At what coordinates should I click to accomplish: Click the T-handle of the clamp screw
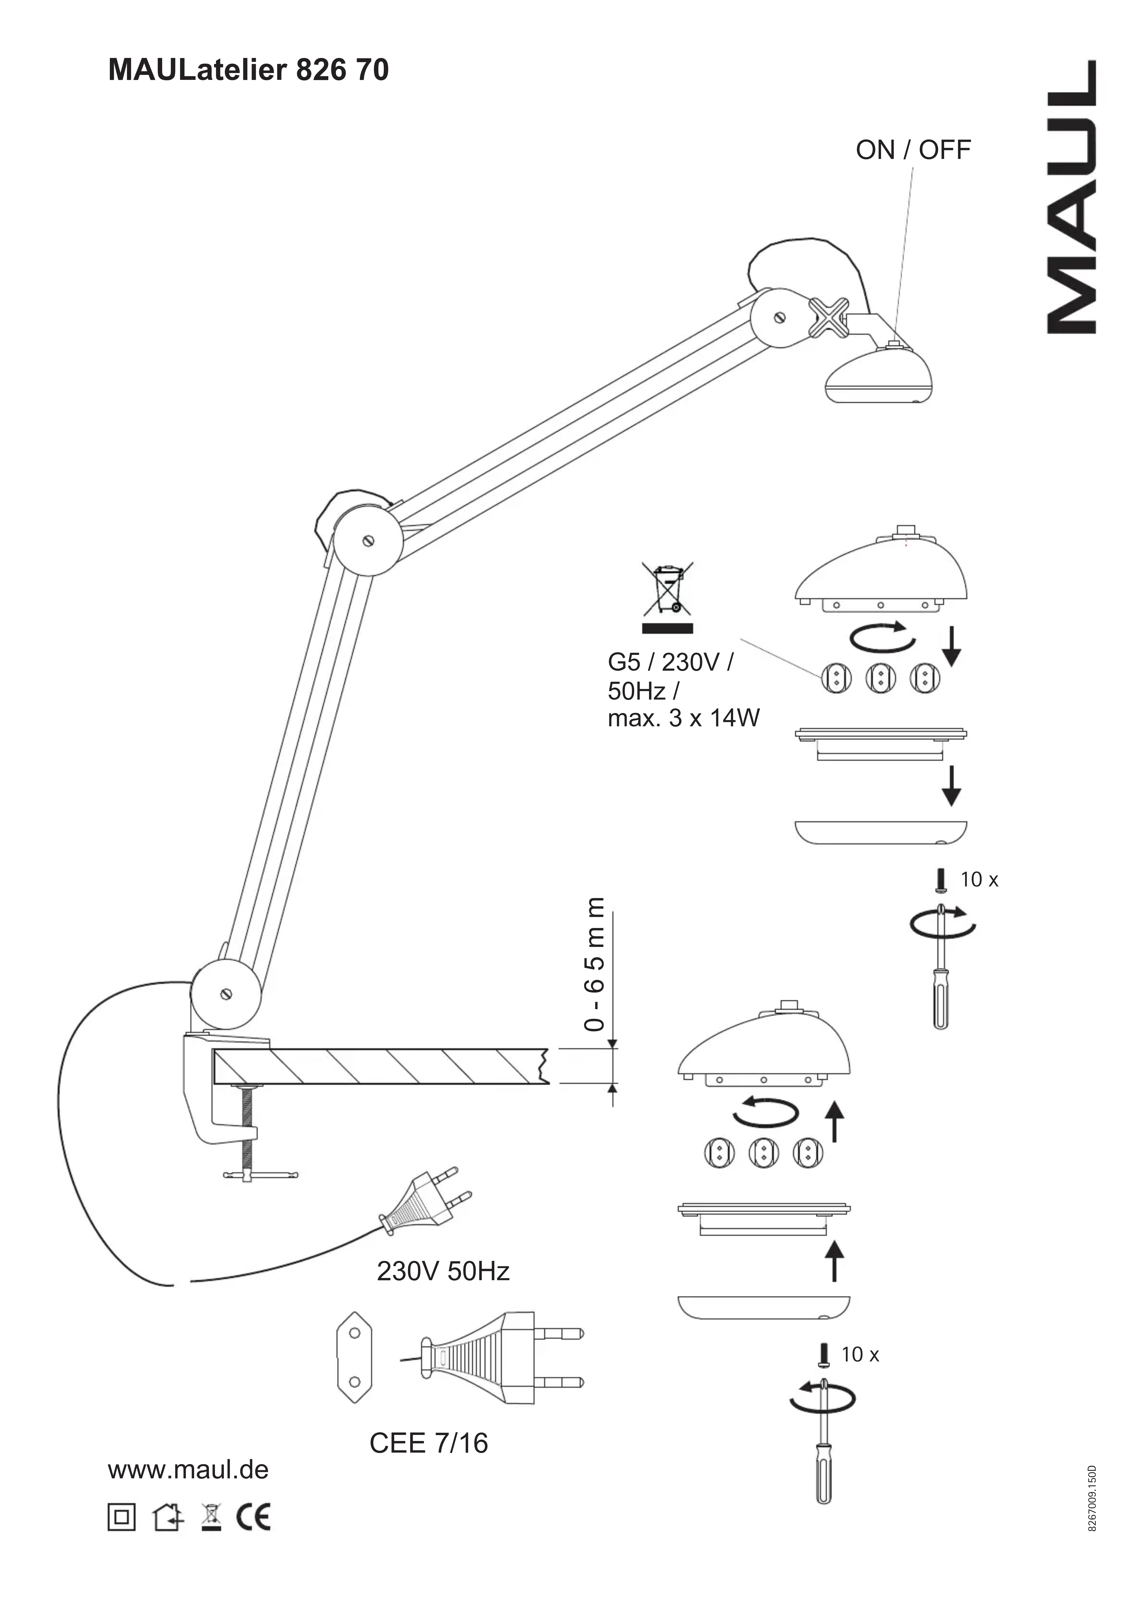[260, 1175]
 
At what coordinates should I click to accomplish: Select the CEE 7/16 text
[428, 1444]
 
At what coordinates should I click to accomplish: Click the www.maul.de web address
[188, 1470]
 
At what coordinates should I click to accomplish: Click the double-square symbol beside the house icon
[121, 1516]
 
